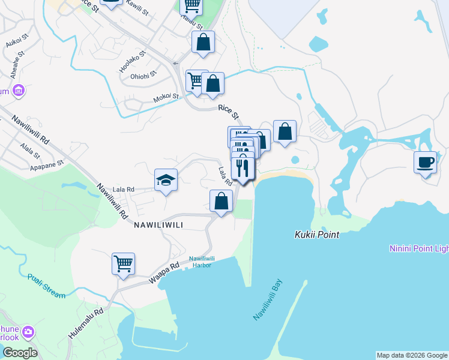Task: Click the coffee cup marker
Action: tap(425, 163)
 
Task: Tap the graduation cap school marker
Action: tap(166, 180)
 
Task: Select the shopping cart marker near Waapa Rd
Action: tap(123, 264)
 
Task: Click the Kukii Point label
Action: tap(317, 235)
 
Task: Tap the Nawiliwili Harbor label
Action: tap(202, 262)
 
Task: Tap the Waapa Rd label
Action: tap(165, 273)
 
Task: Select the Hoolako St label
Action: tap(133, 62)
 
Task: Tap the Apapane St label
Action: tap(47, 164)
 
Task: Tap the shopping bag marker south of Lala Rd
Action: tap(221, 202)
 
